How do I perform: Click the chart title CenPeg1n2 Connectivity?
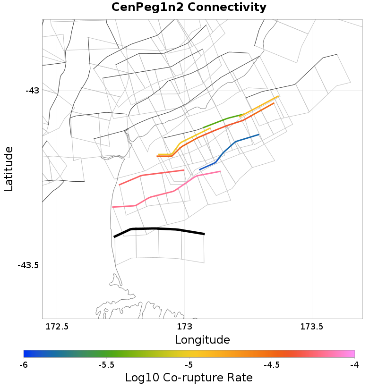pos(189,8)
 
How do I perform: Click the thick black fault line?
pos(156,229)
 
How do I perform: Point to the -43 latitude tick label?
pos(32,90)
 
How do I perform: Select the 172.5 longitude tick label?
pos(57,327)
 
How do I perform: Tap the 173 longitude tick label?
pos(184,327)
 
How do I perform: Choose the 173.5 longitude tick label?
pos(311,327)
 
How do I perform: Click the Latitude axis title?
pos(9,169)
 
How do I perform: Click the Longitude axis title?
pos(202,340)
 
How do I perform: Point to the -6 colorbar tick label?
pos(24,365)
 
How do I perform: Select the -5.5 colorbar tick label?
pos(106,365)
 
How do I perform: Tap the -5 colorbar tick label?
pos(189,365)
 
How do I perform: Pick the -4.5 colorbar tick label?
pos(271,365)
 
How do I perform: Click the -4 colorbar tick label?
pos(354,365)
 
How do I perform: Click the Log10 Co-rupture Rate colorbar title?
pos(189,378)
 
